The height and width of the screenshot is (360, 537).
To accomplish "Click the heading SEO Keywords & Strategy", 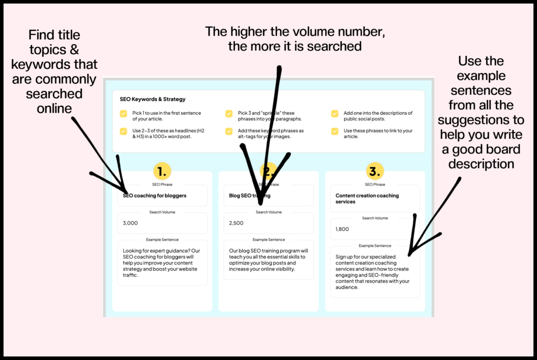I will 153,99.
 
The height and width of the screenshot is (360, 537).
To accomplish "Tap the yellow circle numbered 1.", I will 162,171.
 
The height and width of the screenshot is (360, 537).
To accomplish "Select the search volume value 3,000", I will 131,223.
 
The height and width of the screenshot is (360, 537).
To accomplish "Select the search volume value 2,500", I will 237,223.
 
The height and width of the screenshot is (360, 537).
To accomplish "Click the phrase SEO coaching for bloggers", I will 155,195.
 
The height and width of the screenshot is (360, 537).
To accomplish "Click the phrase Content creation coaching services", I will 367,199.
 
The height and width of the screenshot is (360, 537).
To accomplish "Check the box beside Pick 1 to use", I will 123,113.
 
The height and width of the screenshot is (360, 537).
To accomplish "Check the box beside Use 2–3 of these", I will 123,131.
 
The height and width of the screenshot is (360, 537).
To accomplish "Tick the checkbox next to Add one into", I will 335,113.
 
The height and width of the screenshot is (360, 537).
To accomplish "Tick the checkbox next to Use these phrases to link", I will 335,131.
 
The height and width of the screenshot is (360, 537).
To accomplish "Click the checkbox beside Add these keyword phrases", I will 229,131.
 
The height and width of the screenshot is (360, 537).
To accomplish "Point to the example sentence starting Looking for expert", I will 162,263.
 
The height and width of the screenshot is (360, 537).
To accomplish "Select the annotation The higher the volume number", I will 295,38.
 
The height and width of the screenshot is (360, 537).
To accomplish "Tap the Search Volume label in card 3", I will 374,218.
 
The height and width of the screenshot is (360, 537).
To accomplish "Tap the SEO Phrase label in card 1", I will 162,184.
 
